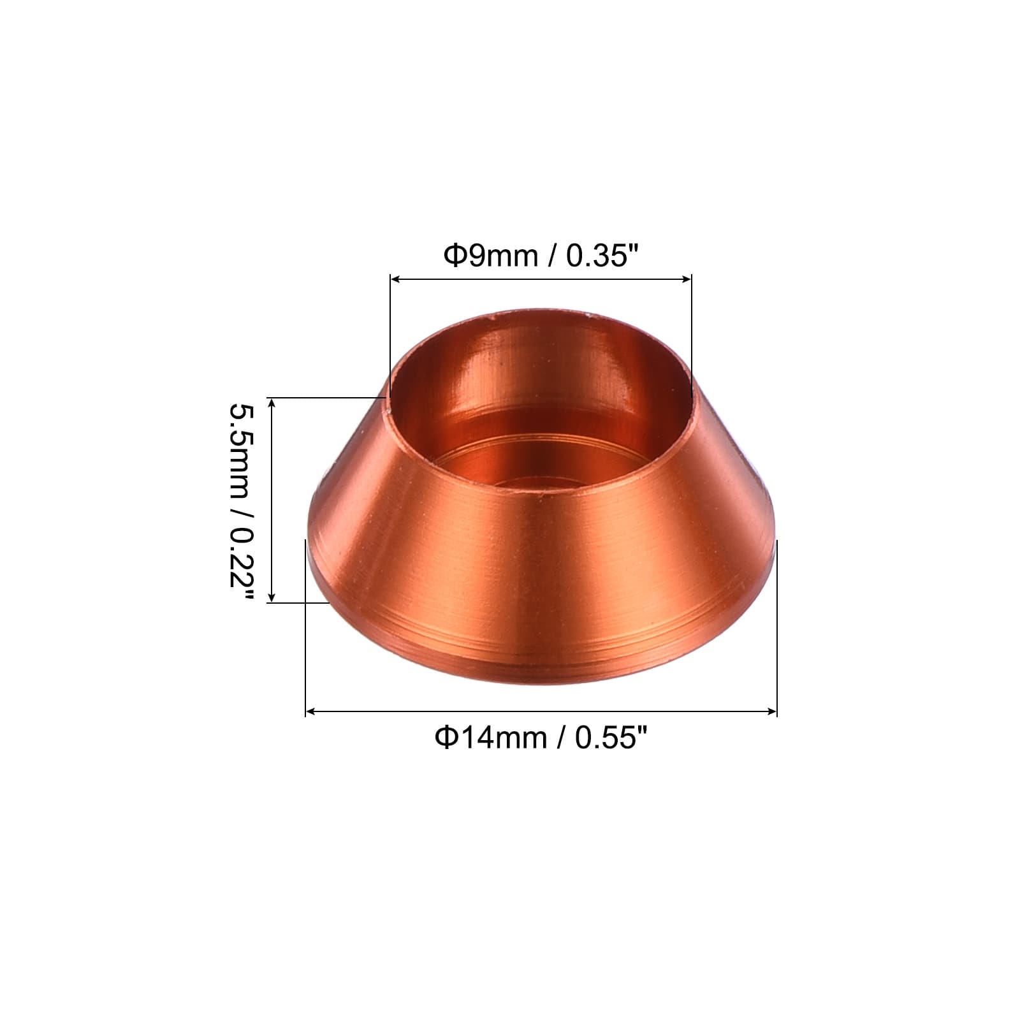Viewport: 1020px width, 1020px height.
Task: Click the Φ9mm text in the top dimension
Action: (491, 257)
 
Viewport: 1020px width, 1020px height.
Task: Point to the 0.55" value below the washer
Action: (612, 738)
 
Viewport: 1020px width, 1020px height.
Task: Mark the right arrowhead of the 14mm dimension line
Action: (771, 711)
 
